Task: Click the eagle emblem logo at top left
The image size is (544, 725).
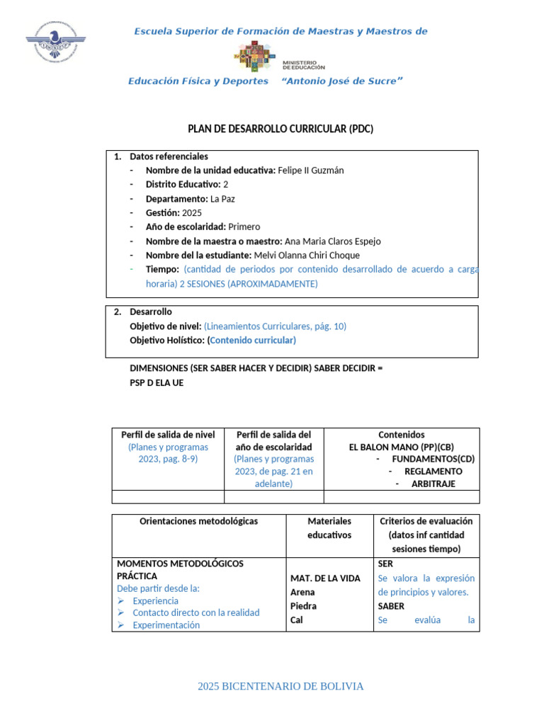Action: (56, 42)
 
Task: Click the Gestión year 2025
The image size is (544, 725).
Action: (192, 212)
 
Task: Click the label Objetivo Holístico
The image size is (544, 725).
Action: (167, 340)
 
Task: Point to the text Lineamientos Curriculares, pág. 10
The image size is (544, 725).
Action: (275, 326)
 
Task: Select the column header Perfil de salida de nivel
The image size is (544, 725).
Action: (168, 434)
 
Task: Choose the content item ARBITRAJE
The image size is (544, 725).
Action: (433, 484)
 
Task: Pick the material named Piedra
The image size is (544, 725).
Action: (302, 606)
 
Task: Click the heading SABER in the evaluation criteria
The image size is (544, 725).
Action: (391, 606)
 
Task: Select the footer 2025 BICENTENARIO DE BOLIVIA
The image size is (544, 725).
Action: (280, 686)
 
